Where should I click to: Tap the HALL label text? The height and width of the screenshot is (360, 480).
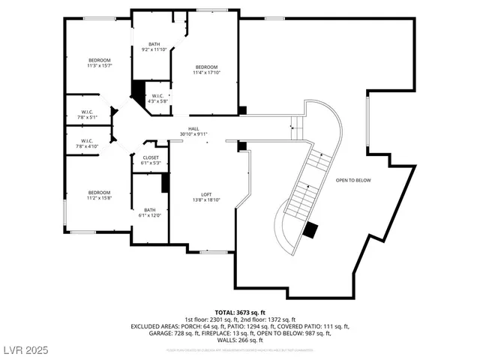point(193,129)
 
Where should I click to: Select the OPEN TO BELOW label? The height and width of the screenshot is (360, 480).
point(353,180)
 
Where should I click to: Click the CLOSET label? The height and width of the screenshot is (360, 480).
point(151,157)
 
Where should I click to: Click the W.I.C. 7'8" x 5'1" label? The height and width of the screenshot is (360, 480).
point(87,114)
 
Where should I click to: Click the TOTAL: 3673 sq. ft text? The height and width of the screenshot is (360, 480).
point(240,311)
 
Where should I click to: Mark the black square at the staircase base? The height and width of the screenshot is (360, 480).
point(310,229)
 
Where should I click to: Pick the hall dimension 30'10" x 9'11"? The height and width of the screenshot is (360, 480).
point(193,134)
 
